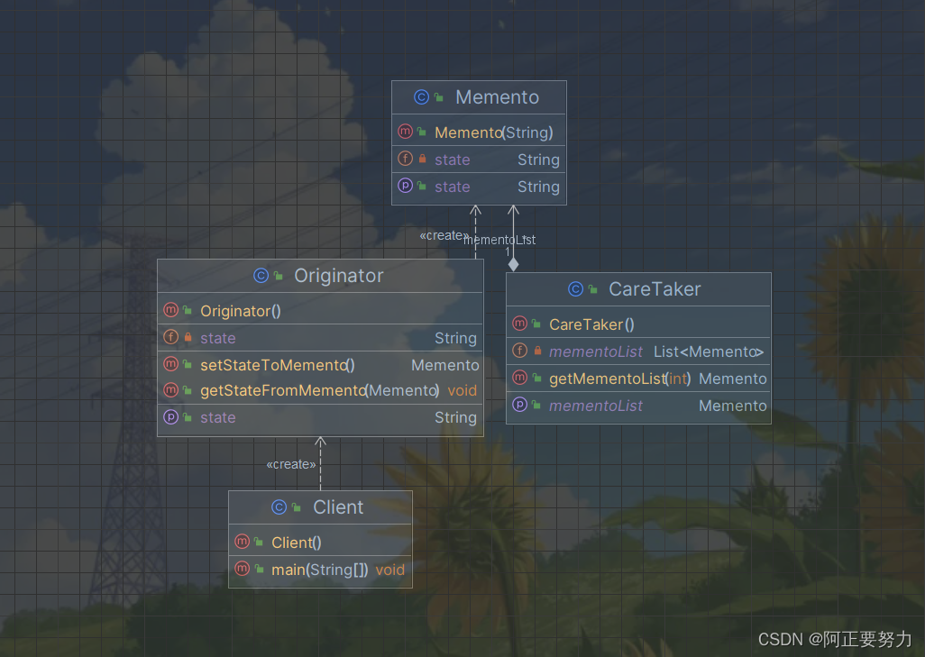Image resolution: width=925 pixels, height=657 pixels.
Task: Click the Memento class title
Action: pos(497,97)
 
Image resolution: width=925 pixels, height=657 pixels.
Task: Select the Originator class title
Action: pos(338,276)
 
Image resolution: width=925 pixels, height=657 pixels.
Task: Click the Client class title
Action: pos(338,507)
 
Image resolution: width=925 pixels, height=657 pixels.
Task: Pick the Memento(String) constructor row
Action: pos(493,132)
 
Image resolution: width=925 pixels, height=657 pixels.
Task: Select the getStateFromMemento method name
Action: pos(282,390)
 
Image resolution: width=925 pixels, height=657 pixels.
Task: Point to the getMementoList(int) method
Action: pos(619,379)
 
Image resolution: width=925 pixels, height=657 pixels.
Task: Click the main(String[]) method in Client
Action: pos(319,570)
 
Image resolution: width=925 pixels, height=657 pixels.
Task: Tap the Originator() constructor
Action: pos(241,311)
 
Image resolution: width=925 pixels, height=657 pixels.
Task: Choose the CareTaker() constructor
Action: pos(591,324)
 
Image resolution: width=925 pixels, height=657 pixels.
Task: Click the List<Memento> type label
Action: pos(709,351)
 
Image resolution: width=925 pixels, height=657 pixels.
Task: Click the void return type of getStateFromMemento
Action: pos(462,390)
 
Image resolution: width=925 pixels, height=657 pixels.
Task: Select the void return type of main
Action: pos(390,570)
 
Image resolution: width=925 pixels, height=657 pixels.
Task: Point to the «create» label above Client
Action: pos(291,464)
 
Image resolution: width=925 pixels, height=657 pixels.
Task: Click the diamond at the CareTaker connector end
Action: pos(513,264)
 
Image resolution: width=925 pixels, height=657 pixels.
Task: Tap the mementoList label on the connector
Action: pos(499,240)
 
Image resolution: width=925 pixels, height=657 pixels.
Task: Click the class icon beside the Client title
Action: pos(279,508)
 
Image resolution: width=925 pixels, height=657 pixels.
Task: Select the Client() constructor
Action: pos(296,543)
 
